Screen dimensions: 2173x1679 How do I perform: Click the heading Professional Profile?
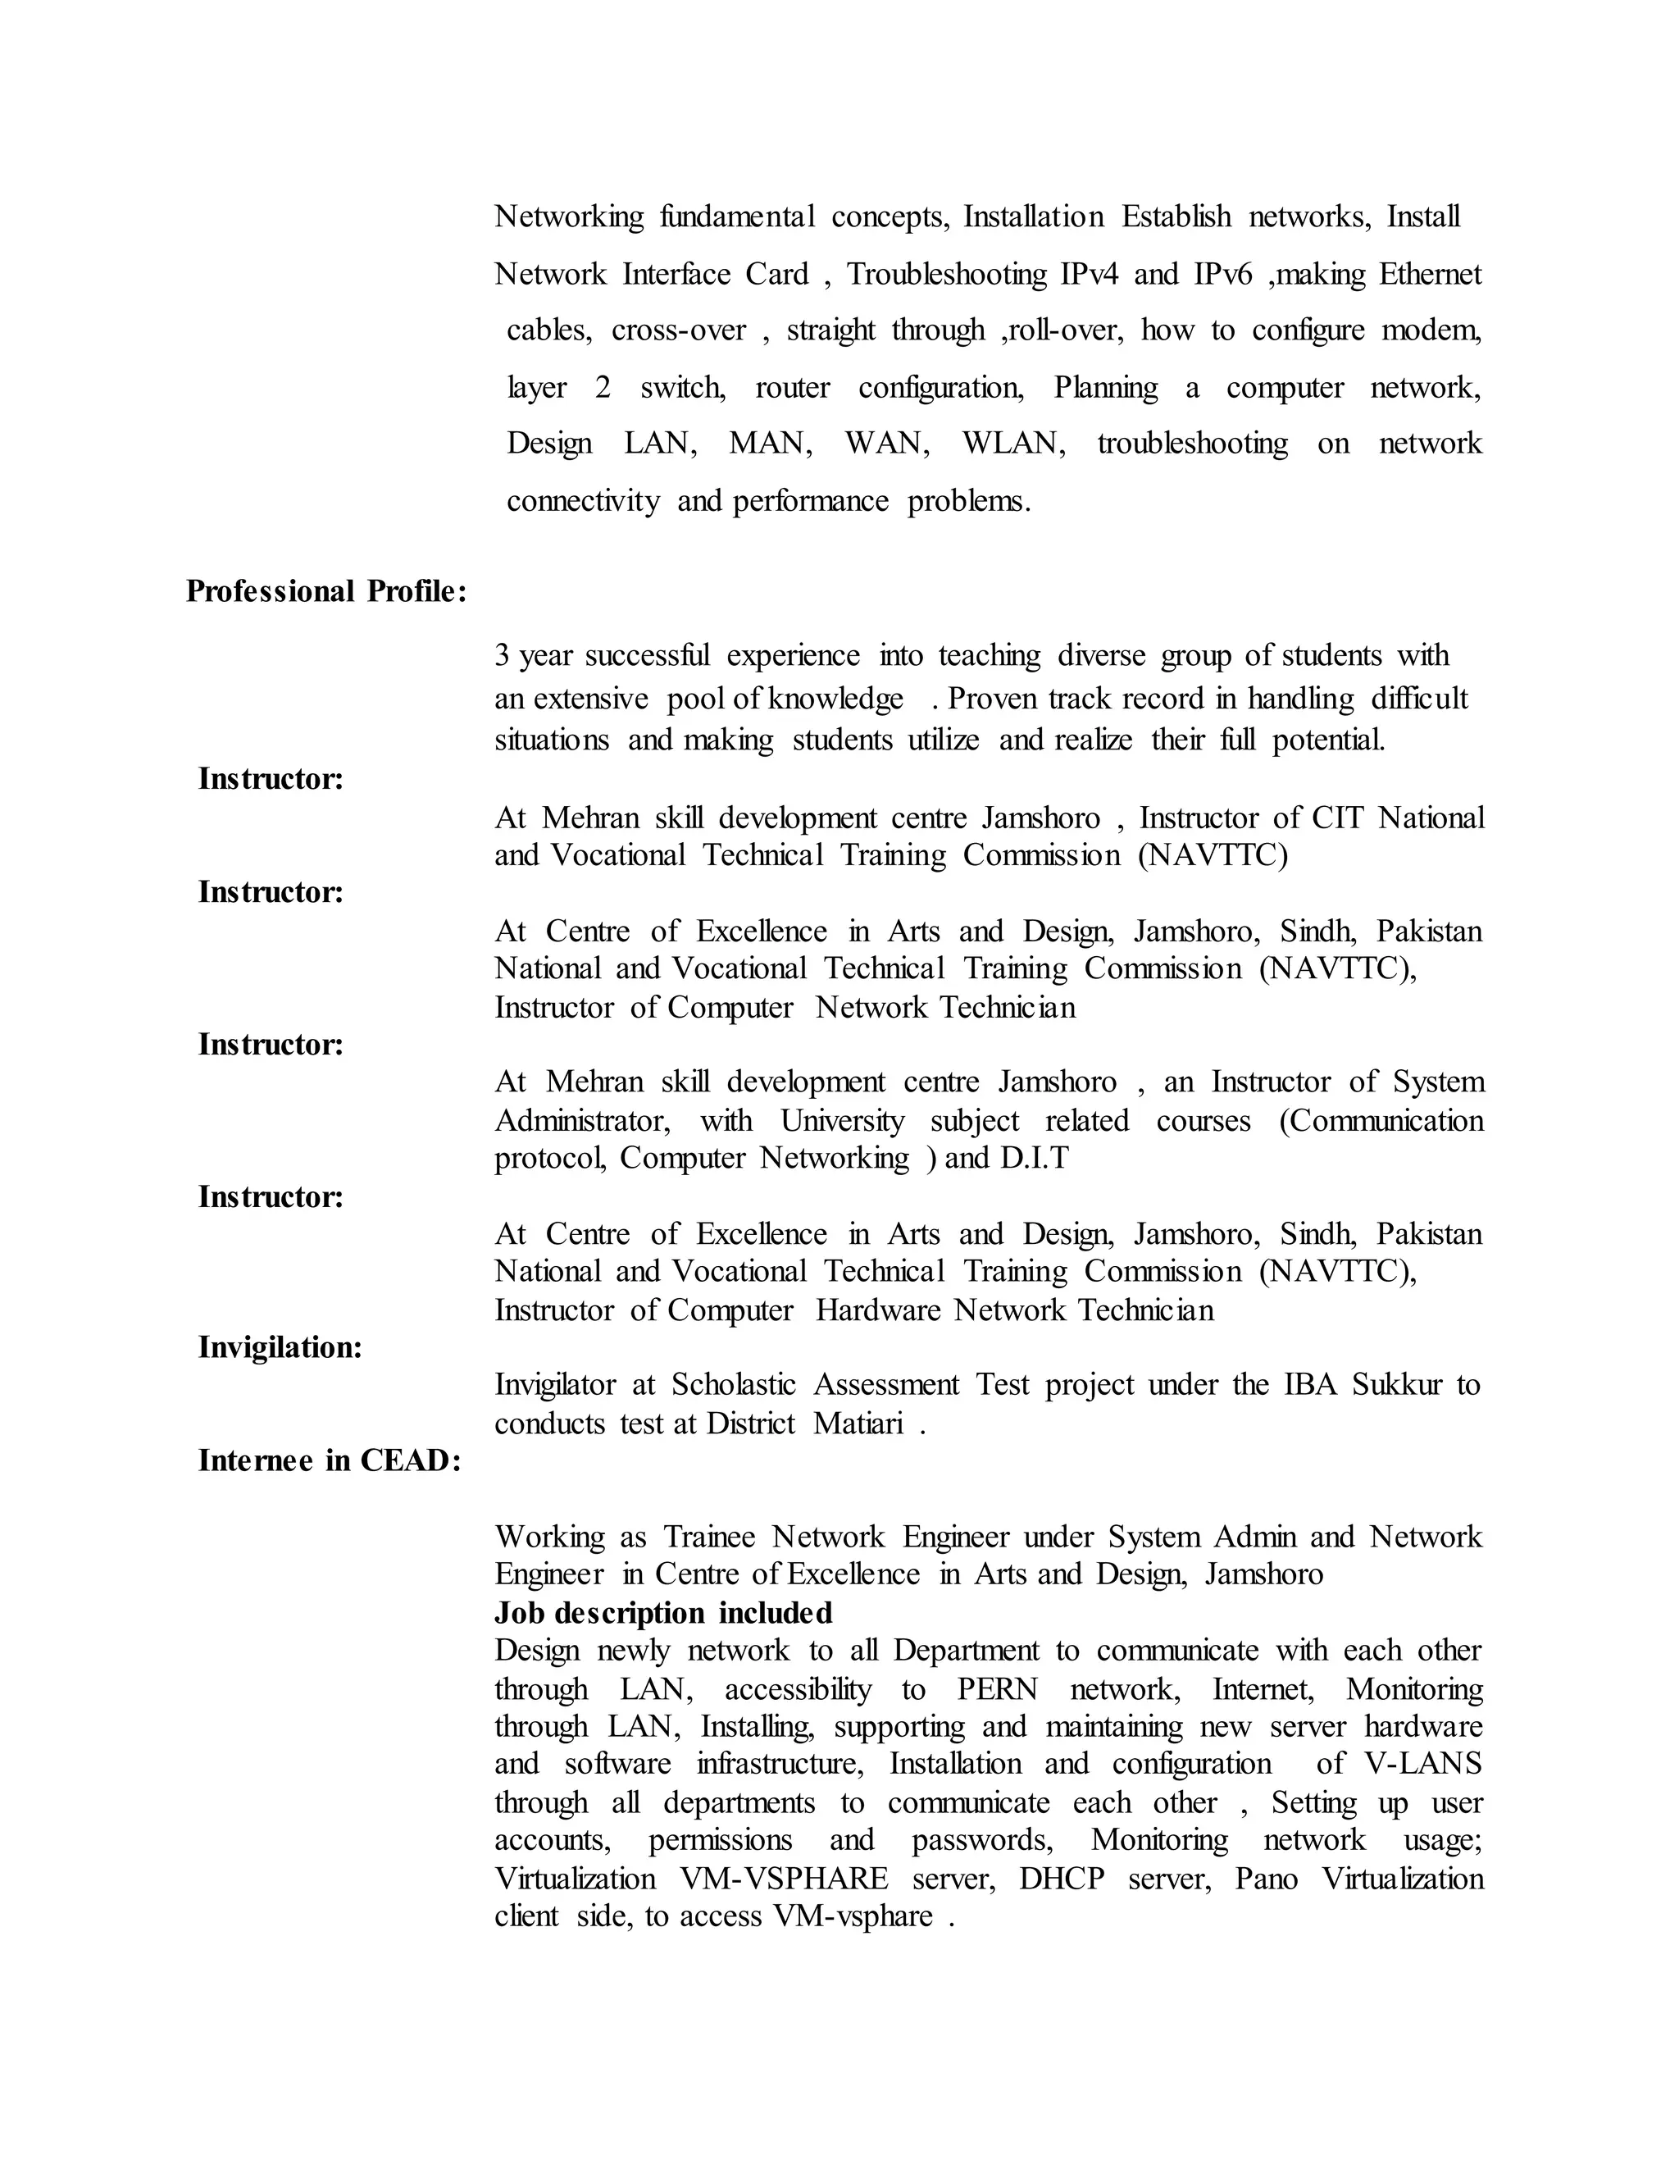326,592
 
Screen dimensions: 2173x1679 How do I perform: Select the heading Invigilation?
280,1348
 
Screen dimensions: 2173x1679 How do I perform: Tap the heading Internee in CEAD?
330,1460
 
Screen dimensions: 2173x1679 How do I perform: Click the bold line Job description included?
663,1613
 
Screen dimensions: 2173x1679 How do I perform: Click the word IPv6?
1222,275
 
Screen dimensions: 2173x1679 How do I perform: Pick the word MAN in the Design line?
770,444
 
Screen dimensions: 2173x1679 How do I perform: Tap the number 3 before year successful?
503,657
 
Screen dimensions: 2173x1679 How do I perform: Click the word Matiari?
858,1425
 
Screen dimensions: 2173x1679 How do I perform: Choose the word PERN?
998,1689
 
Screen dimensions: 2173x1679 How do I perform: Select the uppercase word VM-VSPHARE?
784,1879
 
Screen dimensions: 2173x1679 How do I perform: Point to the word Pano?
1266,1879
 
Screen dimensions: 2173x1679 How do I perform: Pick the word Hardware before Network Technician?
877,1311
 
